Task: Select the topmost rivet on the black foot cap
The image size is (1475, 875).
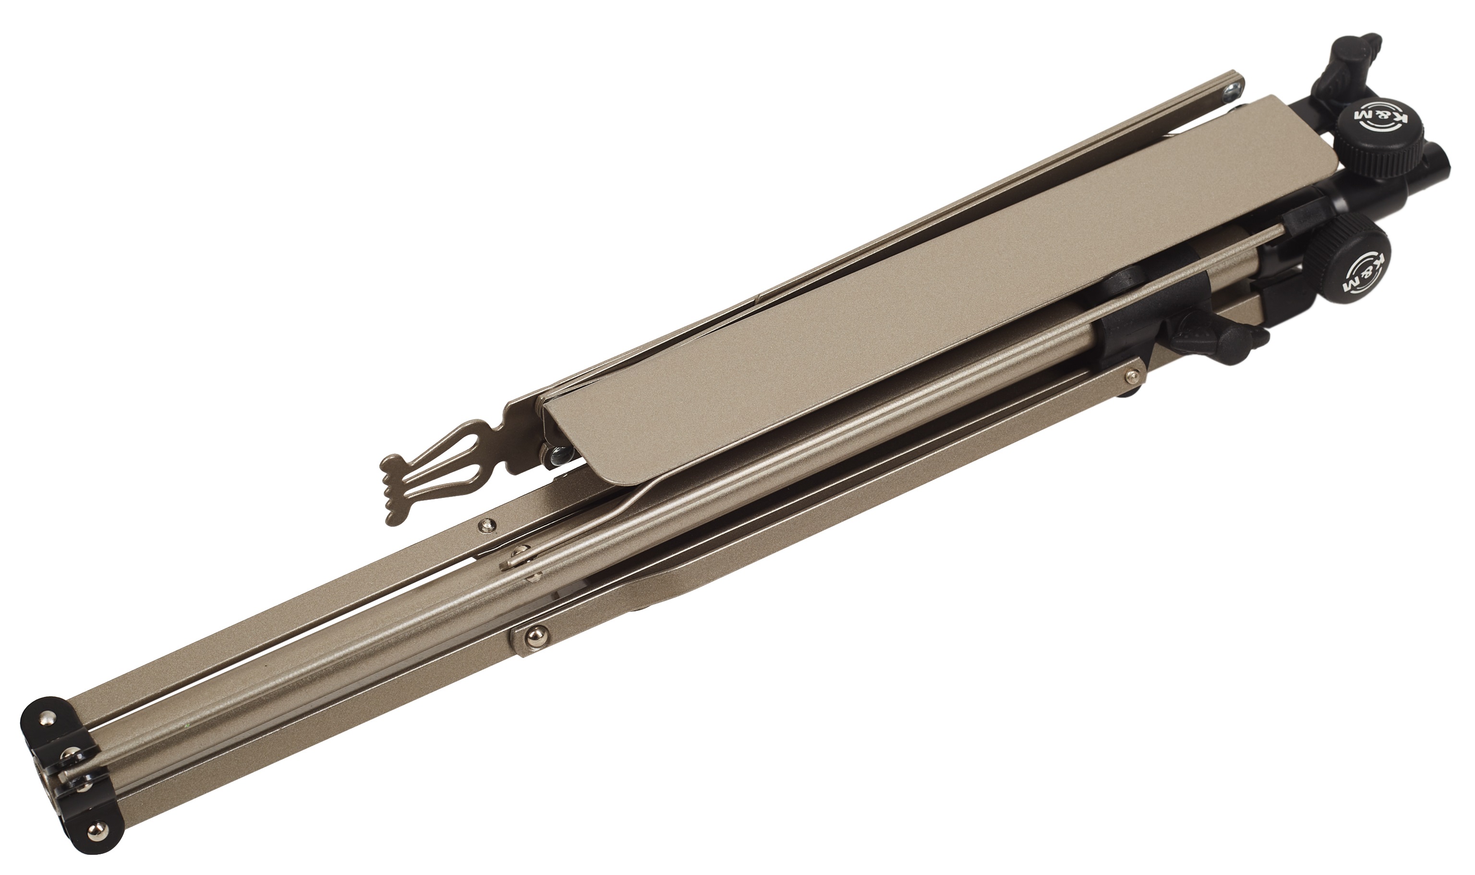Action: [46, 719]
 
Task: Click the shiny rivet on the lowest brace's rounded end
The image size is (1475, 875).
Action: [535, 634]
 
